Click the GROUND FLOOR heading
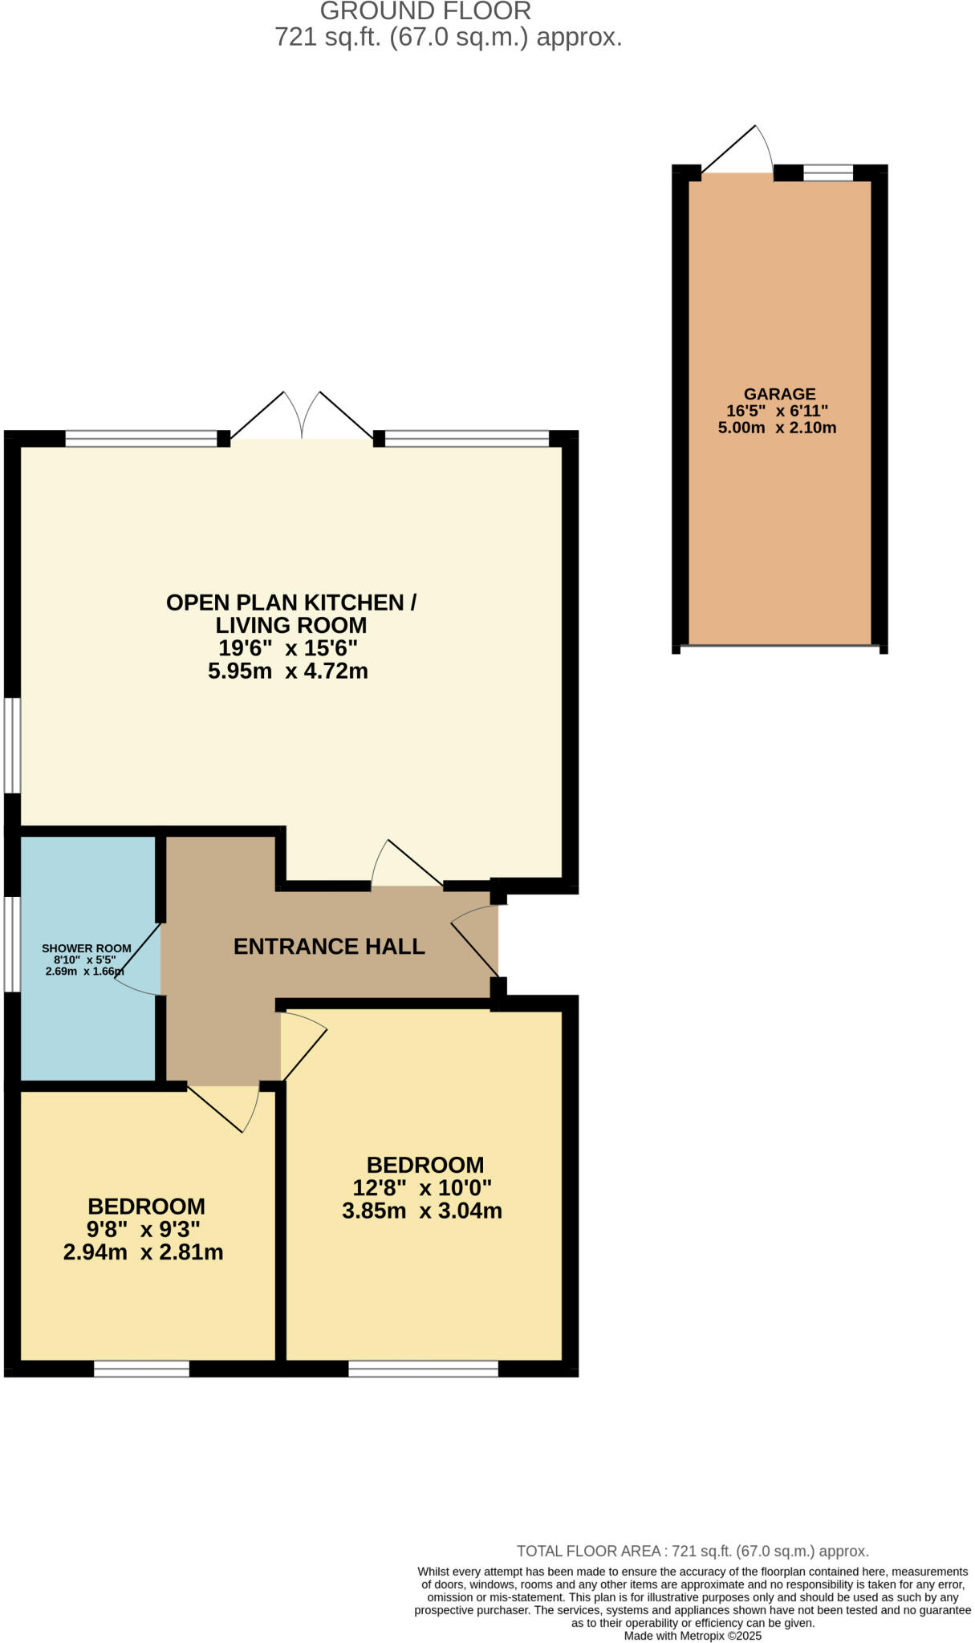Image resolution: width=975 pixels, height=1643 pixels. [425, 11]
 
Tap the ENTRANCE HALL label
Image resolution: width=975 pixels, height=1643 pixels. [329, 947]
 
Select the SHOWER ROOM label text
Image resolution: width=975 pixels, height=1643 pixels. [87, 948]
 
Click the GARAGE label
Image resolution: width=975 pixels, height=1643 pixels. [779, 394]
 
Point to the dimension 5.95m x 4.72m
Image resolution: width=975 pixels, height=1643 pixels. [288, 671]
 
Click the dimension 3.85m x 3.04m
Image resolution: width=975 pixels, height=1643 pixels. [422, 1211]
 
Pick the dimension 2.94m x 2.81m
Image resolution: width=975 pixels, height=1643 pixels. [143, 1252]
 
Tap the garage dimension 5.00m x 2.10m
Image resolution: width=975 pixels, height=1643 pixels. [777, 428]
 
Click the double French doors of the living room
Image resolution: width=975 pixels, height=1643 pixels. [302, 417]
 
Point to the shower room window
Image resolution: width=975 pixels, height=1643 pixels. [11, 943]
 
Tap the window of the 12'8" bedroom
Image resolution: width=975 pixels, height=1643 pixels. [423, 1369]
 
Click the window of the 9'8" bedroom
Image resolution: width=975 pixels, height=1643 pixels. [141, 1369]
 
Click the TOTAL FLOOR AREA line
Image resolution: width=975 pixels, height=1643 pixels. [692, 1551]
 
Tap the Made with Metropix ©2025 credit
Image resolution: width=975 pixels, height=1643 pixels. [692, 1636]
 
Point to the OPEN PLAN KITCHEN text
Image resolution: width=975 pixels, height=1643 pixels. [290, 602]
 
